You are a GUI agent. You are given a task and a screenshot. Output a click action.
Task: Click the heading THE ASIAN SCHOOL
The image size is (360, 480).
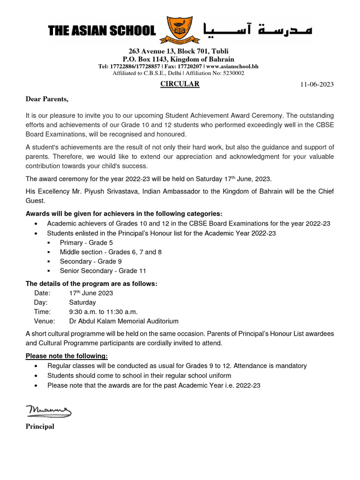click(102, 31)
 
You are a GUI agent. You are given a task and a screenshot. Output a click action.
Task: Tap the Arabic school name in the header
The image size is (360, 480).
click(257, 30)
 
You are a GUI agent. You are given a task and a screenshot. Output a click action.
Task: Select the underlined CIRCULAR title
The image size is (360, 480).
click(180, 84)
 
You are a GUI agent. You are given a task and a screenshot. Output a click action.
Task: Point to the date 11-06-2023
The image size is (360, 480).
click(317, 84)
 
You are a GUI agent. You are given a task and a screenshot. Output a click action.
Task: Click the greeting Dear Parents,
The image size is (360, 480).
click(47, 99)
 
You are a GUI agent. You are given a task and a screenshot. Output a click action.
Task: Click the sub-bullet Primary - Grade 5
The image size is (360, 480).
click(86, 242)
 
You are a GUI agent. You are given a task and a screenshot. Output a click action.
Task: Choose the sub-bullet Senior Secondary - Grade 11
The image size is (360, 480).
click(99, 270)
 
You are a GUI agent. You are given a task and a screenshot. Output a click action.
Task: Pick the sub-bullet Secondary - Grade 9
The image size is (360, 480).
click(90, 261)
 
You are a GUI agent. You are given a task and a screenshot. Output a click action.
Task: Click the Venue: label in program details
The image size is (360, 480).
click(45, 321)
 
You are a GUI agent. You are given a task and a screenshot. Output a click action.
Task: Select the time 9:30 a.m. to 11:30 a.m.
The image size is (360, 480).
click(103, 312)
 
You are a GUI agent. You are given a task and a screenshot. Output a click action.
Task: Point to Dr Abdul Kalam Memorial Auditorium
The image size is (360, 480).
click(124, 321)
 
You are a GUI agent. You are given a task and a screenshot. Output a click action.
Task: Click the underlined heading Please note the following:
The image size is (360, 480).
click(67, 356)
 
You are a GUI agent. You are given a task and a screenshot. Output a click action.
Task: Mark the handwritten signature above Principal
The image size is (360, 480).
click(48, 411)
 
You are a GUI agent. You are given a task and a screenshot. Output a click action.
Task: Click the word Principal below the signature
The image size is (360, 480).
click(40, 427)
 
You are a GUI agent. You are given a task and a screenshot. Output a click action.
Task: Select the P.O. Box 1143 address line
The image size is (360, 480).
click(178, 59)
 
